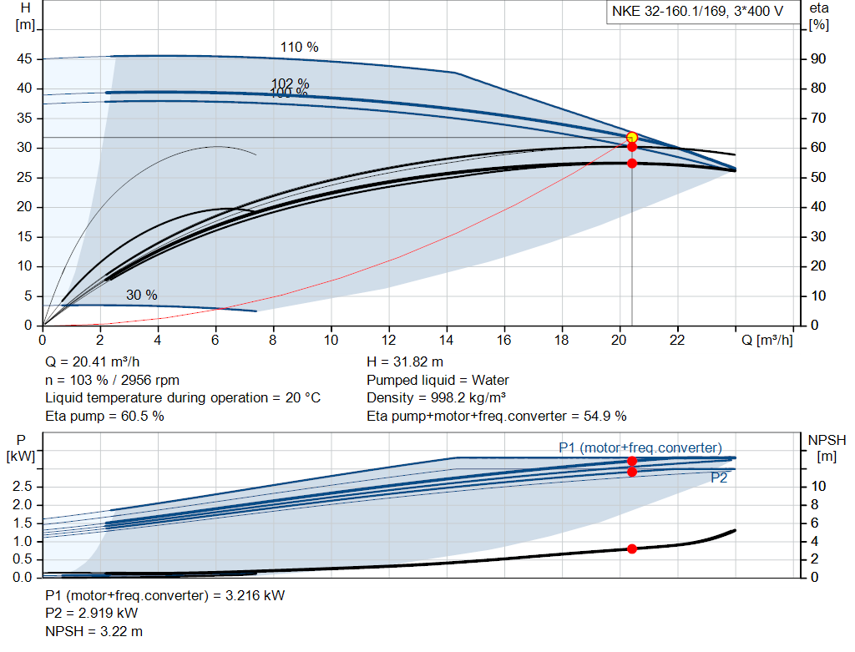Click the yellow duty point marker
coord(631,137)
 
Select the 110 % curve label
coord(299,48)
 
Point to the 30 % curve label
coord(141,295)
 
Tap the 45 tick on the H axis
coord(24,59)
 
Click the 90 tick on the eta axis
coord(818,59)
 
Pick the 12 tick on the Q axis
coord(388,340)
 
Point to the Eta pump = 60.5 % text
coord(104,416)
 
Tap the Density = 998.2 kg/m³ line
coord(437,398)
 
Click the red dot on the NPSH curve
coord(631,548)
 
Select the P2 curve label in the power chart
coord(718,478)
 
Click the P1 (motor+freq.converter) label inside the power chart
coord(640,447)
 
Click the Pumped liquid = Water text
coord(438,380)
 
